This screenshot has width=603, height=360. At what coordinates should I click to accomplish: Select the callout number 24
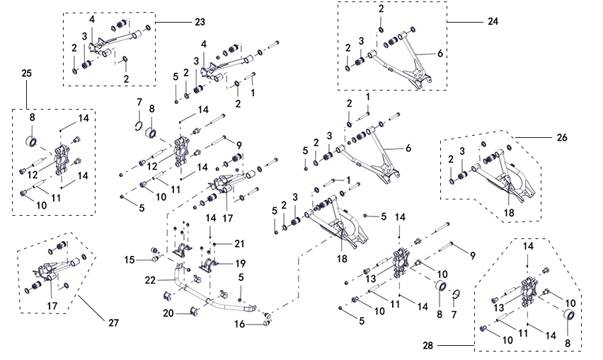tap(493, 22)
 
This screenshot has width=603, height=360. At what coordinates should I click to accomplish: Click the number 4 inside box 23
tap(92, 18)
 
